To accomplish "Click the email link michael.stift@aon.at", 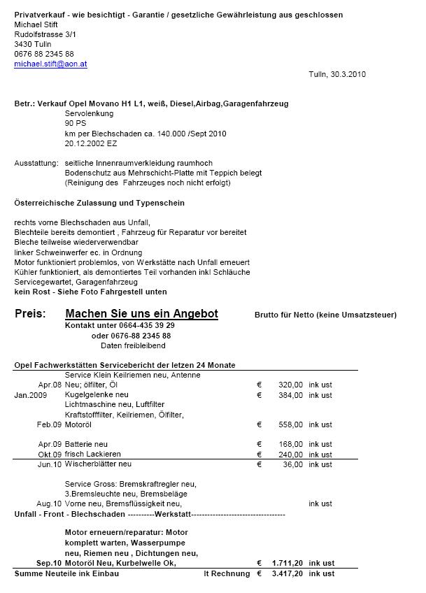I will (x=50, y=64).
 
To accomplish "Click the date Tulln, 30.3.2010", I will (x=336, y=74).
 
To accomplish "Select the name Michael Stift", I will (x=36, y=24).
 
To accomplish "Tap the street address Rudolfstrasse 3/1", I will (x=45, y=34).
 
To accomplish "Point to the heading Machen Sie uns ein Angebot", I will (x=141, y=314).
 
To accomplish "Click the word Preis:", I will (x=30, y=314).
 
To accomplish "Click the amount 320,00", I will (x=290, y=385).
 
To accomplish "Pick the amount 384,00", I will (x=290, y=395).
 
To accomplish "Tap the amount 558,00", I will (x=290, y=424).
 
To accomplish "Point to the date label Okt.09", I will (x=49, y=454).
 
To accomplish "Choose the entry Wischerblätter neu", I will (x=98, y=464).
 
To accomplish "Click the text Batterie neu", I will (x=86, y=444).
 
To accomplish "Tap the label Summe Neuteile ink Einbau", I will (x=66, y=573).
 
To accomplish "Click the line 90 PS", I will (x=75, y=123).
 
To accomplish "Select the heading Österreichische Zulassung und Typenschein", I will (x=99, y=203).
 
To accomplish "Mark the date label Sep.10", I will (x=48, y=563).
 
